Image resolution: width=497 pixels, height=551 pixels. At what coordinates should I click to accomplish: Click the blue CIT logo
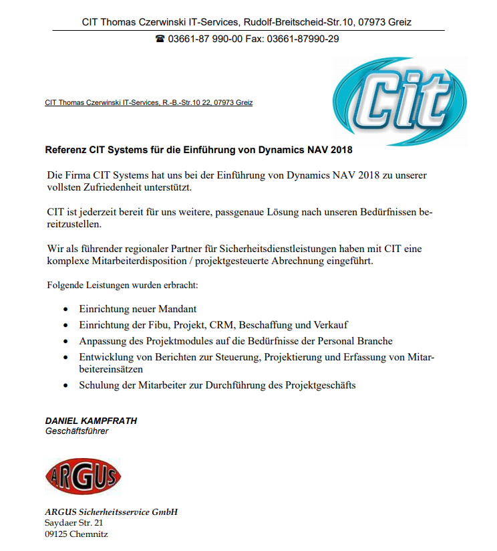[399, 101]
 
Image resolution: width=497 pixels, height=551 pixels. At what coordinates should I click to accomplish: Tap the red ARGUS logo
[83, 475]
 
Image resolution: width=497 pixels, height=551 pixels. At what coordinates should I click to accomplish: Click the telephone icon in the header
[160, 39]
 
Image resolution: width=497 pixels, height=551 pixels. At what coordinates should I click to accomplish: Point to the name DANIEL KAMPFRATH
[91, 421]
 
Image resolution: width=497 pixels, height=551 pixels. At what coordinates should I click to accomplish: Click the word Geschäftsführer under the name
[76, 431]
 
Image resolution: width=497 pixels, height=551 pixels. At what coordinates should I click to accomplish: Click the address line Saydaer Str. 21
[74, 523]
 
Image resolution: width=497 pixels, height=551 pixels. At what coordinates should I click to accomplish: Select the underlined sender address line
[148, 103]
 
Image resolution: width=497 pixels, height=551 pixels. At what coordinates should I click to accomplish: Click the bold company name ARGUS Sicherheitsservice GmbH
[111, 512]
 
